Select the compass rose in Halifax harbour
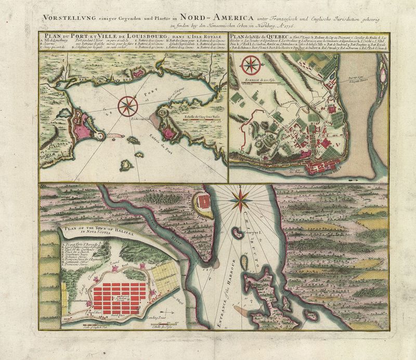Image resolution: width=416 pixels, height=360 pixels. (241, 197)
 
